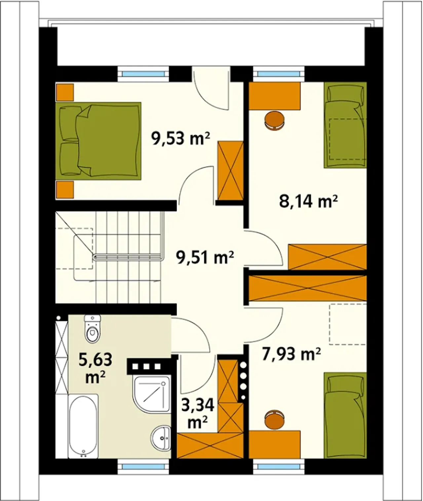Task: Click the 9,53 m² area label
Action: tap(180, 139)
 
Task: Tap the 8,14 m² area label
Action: tap(309, 202)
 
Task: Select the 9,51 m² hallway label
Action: tap(205, 258)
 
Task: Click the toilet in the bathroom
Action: tap(93, 328)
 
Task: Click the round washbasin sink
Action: tap(161, 438)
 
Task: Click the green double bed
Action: tap(98, 141)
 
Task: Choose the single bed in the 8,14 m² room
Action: tap(345, 125)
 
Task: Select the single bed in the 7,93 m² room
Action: tap(345, 415)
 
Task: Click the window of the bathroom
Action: tap(143, 467)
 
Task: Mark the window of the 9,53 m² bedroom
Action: tap(143, 74)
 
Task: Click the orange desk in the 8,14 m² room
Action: tap(275, 96)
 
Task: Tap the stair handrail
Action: tap(128, 258)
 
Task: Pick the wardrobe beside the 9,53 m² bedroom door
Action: tap(230, 171)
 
